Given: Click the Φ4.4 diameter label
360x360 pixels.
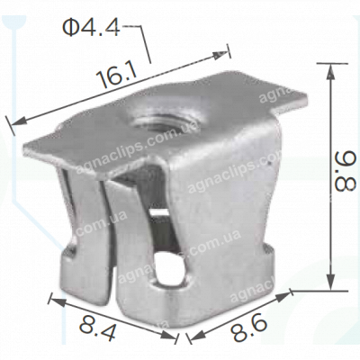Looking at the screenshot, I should pos(90,28).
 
